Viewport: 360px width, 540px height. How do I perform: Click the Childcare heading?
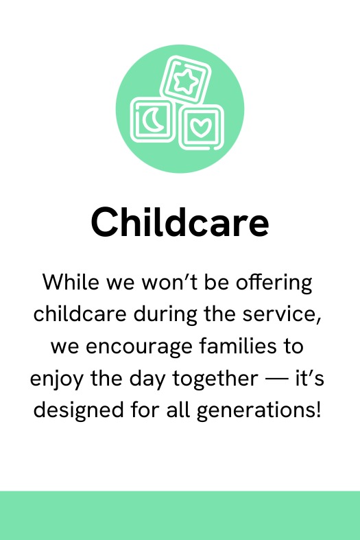point(180,222)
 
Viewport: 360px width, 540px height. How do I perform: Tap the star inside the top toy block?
point(186,81)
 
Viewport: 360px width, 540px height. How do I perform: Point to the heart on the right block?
point(200,128)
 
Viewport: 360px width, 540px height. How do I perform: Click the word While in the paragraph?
point(70,282)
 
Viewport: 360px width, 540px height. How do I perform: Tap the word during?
point(165,315)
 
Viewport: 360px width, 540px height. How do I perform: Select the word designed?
point(78,410)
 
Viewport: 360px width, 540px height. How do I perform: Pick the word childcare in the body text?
point(80,314)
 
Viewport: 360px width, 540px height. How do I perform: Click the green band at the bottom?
point(180,515)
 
